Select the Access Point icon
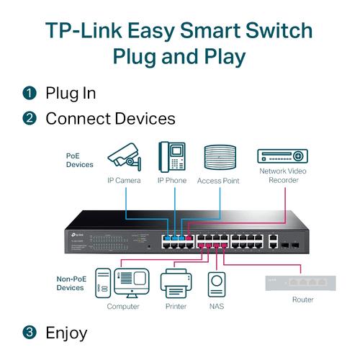(x=220, y=158)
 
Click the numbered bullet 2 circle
(x=30, y=118)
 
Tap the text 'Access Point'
(x=220, y=181)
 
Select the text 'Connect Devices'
(x=110, y=118)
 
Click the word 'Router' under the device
(x=303, y=300)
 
